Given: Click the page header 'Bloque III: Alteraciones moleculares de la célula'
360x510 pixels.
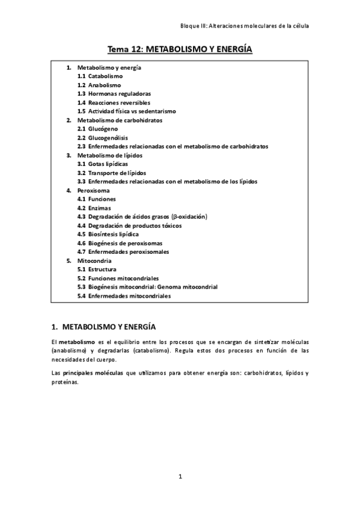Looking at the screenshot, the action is tap(245, 26).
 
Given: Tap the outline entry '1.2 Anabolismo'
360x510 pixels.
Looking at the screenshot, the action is tap(99, 85).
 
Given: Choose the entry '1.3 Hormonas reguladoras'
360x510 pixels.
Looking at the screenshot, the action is tap(114, 94).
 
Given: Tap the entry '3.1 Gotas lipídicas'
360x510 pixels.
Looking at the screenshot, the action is tap(102, 164).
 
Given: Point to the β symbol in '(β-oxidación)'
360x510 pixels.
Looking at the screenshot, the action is tap(175, 217).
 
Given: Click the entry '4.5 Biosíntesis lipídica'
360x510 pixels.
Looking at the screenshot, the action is tap(108, 234).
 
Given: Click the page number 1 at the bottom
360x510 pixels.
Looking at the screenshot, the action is tap(180, 477).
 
